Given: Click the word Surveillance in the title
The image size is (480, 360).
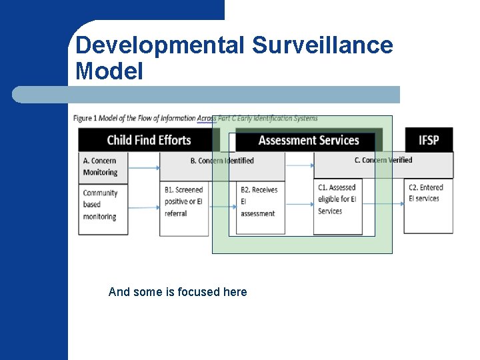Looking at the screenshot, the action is coord(323,45).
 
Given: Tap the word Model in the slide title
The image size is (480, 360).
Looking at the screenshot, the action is coord(109,71).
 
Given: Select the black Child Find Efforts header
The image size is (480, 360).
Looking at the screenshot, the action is coord(149,140).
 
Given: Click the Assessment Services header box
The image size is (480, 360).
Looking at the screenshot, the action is coord(309,141).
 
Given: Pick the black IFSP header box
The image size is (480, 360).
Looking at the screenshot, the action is coord(429,140).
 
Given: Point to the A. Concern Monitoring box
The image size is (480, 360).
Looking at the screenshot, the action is coord(103,167).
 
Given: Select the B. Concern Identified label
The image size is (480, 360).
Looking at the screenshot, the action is coord(222,161).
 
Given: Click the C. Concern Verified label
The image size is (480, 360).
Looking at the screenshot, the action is coord(383,160).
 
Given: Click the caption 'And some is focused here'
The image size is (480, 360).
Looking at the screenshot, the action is coord(177,292).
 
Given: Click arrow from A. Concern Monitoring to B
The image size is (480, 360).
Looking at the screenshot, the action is coord(143,167).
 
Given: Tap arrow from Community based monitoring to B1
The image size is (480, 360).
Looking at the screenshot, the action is coord(143,207).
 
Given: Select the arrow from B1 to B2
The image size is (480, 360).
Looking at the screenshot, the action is coord(223,207).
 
